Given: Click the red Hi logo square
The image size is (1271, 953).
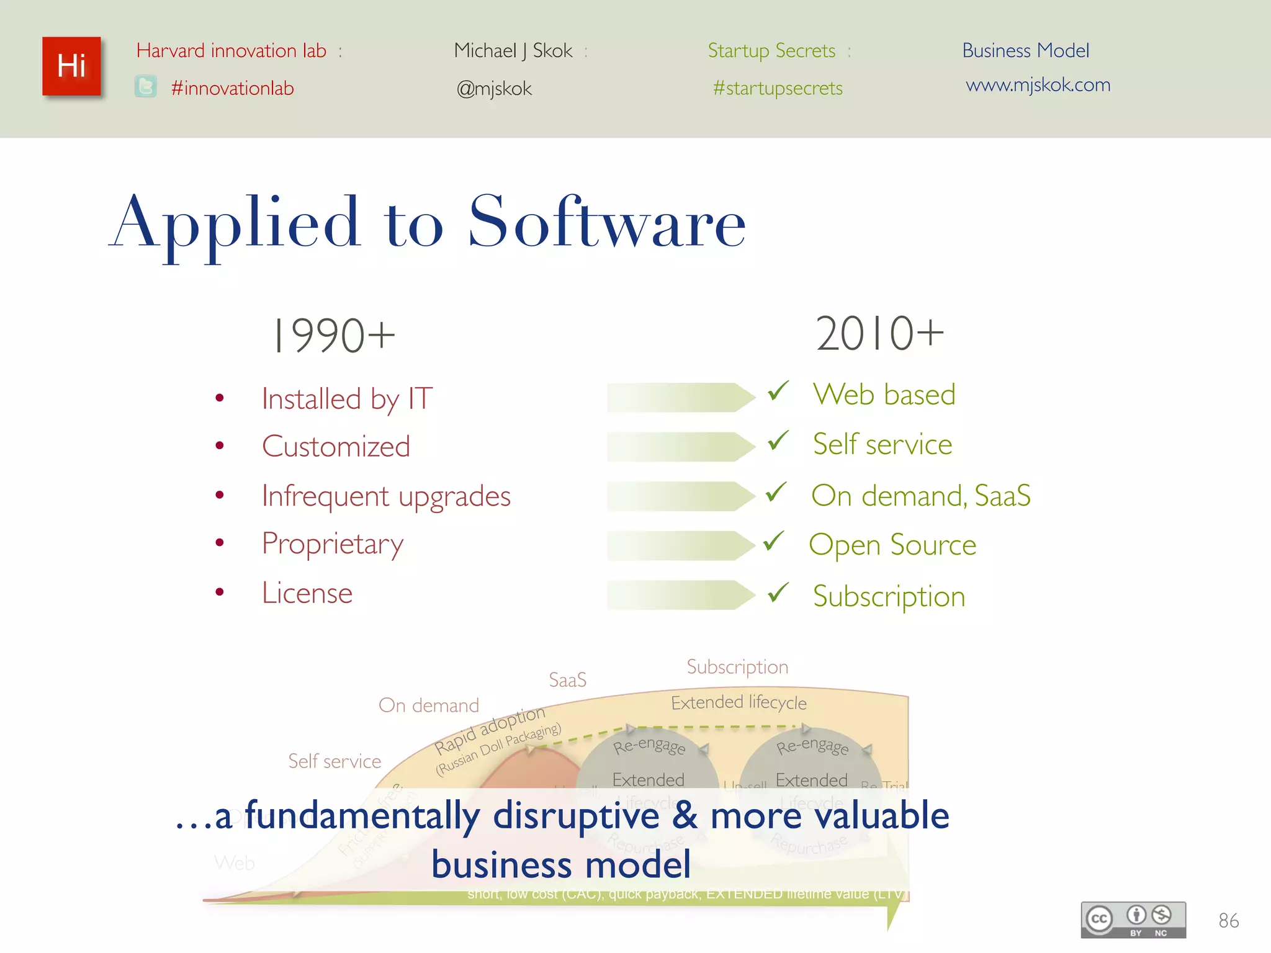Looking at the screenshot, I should coord(71,66).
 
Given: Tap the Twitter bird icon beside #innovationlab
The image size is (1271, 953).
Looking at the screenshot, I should coord(146,86).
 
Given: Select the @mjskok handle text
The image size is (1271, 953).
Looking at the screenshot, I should coord(494,88).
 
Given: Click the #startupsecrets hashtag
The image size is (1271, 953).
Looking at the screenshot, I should coord(778,88).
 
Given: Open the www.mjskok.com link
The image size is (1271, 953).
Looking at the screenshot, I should coord(1038,84).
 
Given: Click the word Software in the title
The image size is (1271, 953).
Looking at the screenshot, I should coord(606,222).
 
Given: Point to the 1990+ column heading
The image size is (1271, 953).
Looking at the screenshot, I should coord(333,335).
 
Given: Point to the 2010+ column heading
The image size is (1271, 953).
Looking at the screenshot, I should coord(879,334).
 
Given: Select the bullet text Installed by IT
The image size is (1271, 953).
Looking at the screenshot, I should coord(347,398).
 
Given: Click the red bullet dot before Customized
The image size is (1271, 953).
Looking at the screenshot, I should coord(219,445).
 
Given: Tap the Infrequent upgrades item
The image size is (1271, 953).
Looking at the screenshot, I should coord(386,496).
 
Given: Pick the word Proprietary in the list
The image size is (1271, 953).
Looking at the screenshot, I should coord(333,544).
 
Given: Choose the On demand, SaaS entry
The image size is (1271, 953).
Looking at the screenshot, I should coord(920,496).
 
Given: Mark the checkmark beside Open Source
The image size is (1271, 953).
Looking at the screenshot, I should coord(774,541).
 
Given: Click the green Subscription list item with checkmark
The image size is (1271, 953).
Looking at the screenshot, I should coord(889,596).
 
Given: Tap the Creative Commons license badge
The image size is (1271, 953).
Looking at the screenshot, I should coord(1133,919).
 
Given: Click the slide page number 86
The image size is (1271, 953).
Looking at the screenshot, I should coord(1228,921).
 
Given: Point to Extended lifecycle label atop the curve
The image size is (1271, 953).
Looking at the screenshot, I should coord(739,702).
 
